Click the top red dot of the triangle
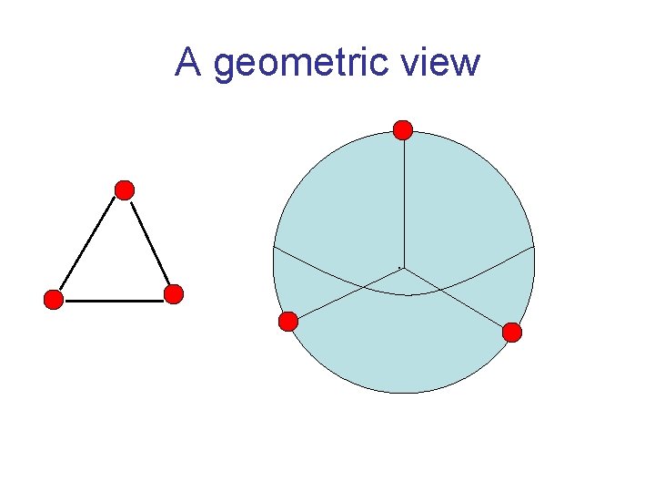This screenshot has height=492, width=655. click(x=125, y=190)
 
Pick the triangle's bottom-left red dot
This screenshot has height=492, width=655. click(x=54, y=300)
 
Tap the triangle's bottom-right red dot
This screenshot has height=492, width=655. click(x=174, y=294)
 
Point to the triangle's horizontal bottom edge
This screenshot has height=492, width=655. click(x=114, y=301)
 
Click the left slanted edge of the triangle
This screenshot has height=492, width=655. click(x=88, y=245)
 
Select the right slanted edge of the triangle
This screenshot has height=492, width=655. click(x=150, y=243)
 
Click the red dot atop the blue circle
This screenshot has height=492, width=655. click(x=403, y=130)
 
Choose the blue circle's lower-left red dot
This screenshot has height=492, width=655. click(x=287, y=321)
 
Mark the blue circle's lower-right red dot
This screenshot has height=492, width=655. click(x=512, y=333)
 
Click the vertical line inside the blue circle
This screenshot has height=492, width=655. click(x=403, y=200)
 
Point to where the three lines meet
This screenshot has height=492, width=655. click(x=402, y=267)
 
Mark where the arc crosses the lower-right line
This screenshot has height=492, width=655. click(x=439, y=288)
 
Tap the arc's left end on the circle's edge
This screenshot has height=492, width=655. click(x=274, y=247)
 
